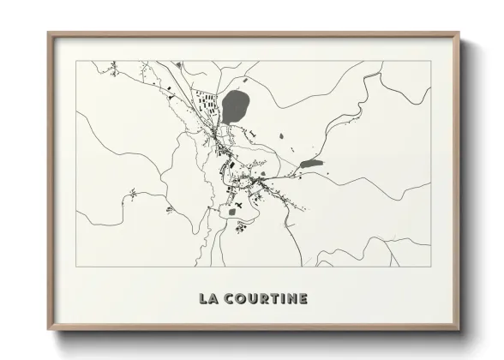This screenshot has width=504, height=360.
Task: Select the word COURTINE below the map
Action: click(265, 298)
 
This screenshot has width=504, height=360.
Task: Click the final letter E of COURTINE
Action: click(302, 298)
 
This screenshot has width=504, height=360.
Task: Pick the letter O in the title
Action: click(239, 298)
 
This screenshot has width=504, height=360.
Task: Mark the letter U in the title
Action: click(249, 298)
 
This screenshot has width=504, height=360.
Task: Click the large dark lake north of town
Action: click(235, 107)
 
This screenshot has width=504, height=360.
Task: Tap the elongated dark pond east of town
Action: click(311, 163)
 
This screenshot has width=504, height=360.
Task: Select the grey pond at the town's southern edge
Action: click(231, 210)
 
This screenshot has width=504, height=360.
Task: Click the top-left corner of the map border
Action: click(76, 61)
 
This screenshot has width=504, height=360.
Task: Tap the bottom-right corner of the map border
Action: click(430, 267)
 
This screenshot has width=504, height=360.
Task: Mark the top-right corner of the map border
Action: click(430, 61)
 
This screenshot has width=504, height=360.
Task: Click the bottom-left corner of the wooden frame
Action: click(49, 330)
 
